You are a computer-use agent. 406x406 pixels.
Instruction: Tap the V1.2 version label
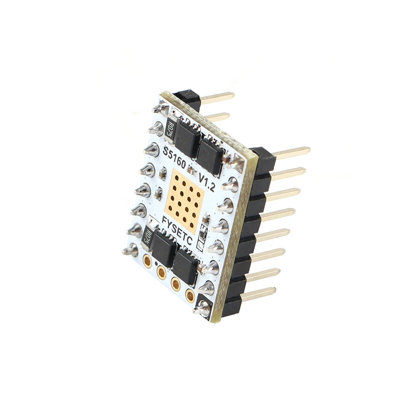coord(207,182)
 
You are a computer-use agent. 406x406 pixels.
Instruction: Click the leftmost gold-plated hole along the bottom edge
coord(148,260)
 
